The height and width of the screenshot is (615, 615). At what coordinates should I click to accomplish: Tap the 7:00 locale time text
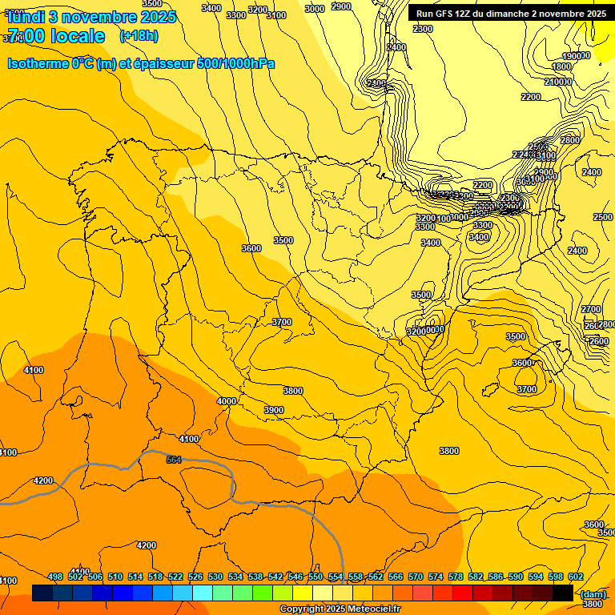coord(56,36)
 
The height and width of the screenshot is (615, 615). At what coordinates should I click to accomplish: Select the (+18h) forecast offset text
coord(139,36)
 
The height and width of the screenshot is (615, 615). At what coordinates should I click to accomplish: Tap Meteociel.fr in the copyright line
coord(370,609)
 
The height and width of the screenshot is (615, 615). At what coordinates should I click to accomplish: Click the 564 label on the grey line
coord(174,459)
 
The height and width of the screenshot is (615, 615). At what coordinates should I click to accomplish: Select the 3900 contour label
coord(274,410)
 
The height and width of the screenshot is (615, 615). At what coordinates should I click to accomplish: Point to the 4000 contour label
coord(227,401)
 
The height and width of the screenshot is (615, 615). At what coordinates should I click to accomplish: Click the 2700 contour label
coord(591,309)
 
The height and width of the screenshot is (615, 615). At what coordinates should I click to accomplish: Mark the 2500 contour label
coord(602,217)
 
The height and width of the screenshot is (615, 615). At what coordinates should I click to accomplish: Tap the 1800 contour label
coord(561,66)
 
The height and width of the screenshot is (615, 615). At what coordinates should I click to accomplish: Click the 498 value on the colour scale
coord(55,577)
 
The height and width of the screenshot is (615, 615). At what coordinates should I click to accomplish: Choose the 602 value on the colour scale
coord(576,577)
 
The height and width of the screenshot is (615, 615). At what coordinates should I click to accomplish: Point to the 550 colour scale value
coord(316,577)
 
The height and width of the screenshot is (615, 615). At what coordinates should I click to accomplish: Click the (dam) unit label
coord(593,593)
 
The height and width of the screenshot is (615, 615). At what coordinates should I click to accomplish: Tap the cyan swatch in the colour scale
coord(203,593)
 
